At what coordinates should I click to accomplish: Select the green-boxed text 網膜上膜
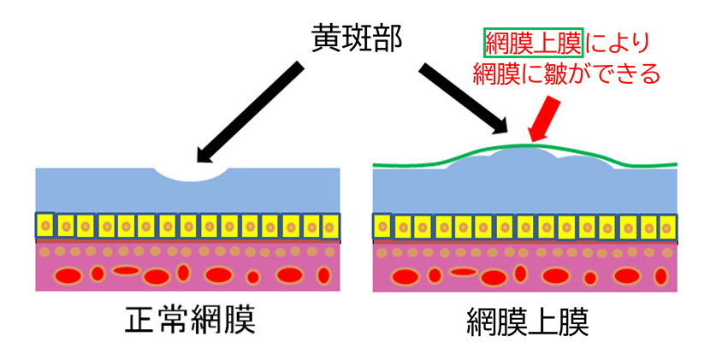tap(533, 41)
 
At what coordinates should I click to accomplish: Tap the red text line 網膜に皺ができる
tap(567, 74)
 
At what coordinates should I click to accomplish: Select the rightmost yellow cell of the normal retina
tap(331, 227)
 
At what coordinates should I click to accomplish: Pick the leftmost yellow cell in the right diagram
tap(383, 226)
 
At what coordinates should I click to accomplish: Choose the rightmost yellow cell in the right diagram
tap(668, 227)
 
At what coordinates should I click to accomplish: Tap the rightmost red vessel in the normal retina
tap(323, 274)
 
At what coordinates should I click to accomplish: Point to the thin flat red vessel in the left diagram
tap(126, 271)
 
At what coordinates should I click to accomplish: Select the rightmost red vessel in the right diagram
tap(660, 276)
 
